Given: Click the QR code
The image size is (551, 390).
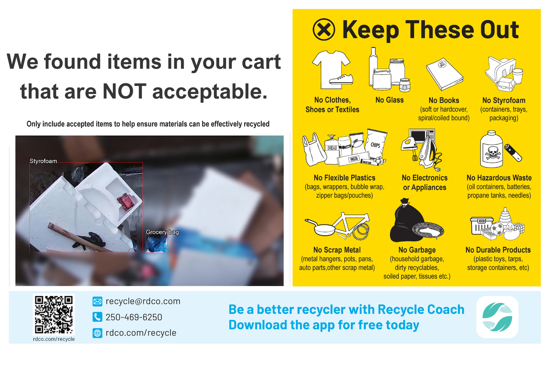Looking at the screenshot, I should (54, 315).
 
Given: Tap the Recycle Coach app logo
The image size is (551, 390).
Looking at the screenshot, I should (497, 317).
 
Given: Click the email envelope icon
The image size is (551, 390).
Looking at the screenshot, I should (97, 301).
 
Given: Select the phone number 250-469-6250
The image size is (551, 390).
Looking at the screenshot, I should (134, 317).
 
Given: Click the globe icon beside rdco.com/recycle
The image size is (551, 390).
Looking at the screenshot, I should (97, 333).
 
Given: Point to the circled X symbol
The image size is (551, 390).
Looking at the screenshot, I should (324, 29).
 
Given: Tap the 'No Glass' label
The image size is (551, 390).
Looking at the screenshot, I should (389, 100).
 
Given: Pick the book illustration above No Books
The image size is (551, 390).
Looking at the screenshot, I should (444, 74).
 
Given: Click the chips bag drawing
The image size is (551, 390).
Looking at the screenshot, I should (376, 144).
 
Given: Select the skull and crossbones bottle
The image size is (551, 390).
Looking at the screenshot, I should (492, 150).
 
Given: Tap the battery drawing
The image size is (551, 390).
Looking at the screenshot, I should (513, 153).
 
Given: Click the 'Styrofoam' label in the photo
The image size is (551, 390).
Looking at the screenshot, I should (43, 161).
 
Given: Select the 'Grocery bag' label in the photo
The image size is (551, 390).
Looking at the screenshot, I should (162, 232).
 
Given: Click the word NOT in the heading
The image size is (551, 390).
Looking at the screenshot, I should (124, 91).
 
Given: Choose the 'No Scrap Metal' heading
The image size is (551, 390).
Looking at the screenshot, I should (337, 250).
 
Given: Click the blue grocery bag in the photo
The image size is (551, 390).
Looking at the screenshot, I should (156, 244).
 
